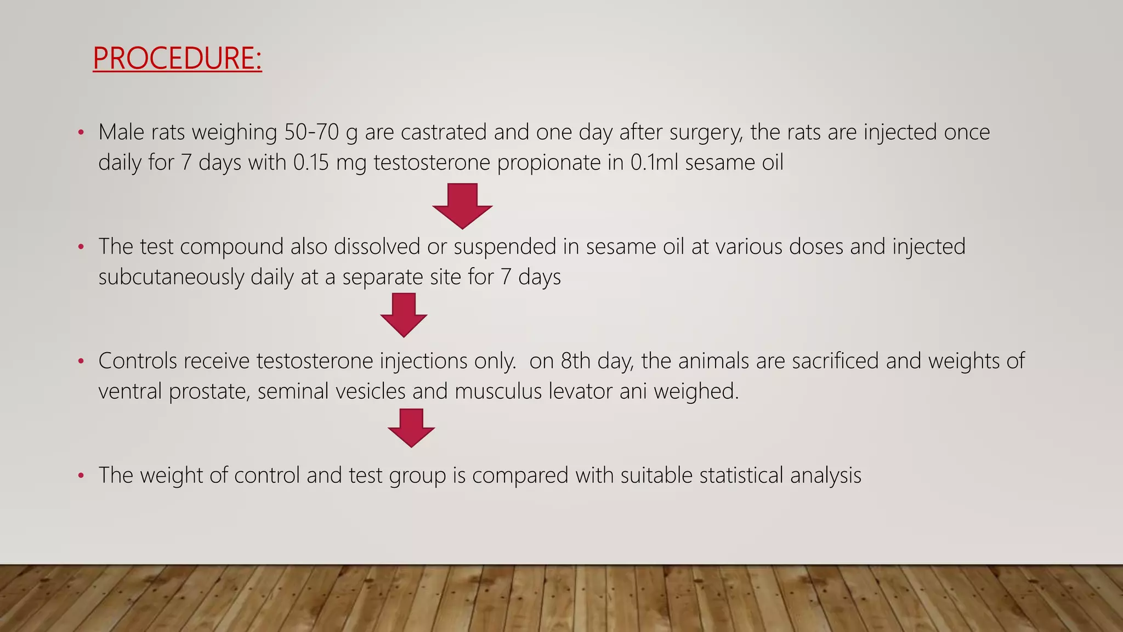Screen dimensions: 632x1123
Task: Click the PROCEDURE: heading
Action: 177,58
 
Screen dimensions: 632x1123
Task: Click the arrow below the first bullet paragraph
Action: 462,205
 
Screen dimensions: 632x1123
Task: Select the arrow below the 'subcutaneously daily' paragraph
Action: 404,314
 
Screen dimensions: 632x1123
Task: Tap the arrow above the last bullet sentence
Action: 411,427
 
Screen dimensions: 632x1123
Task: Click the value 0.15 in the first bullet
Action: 311,163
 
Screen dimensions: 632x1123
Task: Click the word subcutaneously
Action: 171,277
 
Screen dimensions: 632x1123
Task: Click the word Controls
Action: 138,361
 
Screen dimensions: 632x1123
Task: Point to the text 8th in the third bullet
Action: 575,361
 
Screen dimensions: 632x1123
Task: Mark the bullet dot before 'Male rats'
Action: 81,133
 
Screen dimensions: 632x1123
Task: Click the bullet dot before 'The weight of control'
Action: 81,476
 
